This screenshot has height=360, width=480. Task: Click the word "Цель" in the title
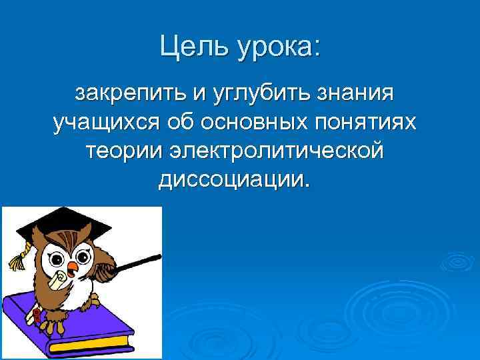tap(191, 47)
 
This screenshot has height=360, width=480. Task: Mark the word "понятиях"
tap(369, 123)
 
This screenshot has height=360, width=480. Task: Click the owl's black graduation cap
tap(60, 224)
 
